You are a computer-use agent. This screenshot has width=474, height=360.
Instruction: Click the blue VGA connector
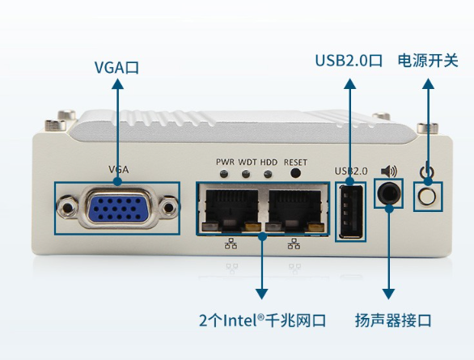click(x=117, y=209)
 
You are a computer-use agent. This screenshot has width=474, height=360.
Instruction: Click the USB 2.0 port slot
click(x=351, y=211)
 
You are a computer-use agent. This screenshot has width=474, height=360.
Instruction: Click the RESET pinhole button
click(x=296, y=173)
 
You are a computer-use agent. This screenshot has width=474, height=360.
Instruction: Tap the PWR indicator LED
click(x=224, y=173)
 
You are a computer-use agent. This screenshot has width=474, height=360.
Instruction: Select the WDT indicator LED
click(x=247, y=173)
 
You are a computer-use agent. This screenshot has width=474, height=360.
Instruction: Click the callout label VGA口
click(x=117, y=67)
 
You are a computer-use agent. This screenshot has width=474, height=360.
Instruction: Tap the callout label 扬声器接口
click(x=393, y=320)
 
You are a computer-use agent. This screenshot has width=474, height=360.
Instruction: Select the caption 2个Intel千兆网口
click(x=261, y=320)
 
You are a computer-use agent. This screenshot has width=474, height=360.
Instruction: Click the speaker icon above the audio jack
click(x=390, y=171)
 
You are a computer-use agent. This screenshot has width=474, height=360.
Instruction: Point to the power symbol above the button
click(x=427, y=172)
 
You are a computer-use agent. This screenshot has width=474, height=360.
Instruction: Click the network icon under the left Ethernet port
click(x=231, y=244)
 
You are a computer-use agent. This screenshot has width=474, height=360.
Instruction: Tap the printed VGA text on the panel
click(x=118, y=170)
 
